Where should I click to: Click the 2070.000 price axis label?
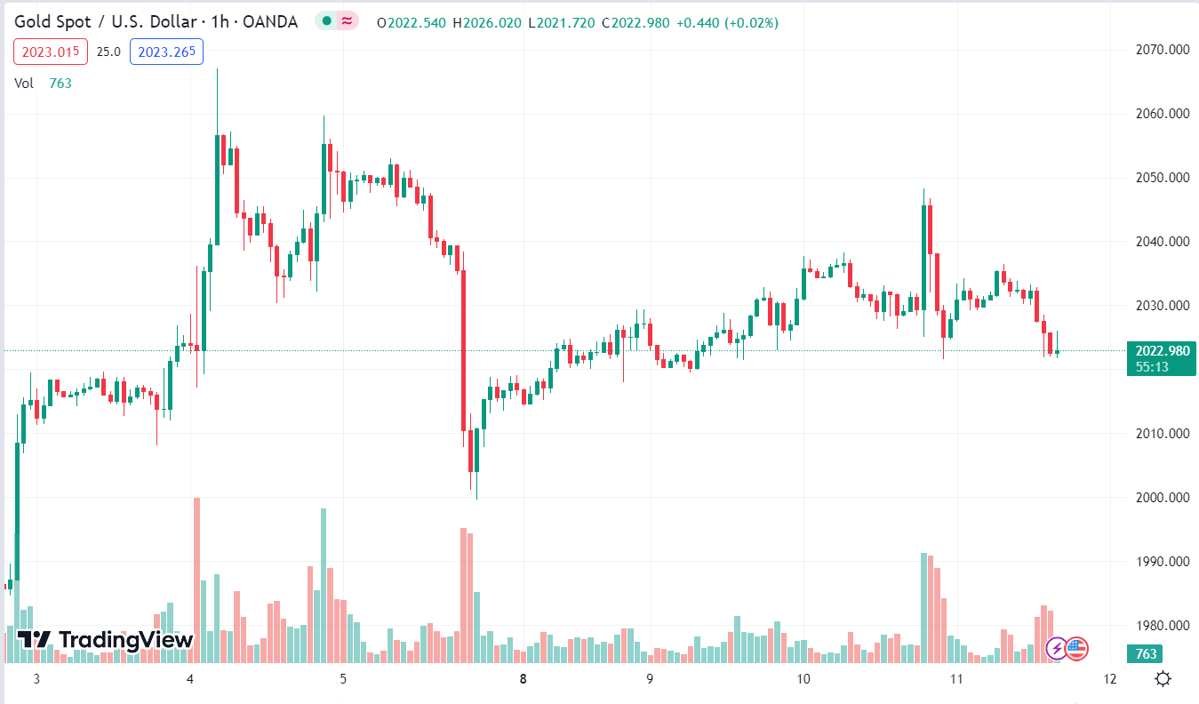click(1163, 50)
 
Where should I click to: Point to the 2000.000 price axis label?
click(1163, 498)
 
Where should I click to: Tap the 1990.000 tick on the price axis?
click(1163, 562)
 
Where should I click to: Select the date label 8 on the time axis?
click(524, 680)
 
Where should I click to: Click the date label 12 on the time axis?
click(1109, 680)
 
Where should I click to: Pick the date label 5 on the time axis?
click(343, 680)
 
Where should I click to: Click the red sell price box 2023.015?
click(51, 52)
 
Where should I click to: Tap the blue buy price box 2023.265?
click(166, 52)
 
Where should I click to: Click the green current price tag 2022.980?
click(1162, 351)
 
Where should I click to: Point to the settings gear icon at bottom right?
click(1163, 680)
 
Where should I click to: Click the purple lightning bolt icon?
click(1056, 649)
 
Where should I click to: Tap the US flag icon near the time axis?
click(1077, 649)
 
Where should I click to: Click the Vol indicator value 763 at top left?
click(60, 84)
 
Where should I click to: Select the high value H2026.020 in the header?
click(487, 22)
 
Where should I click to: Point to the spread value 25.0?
click(108, 52)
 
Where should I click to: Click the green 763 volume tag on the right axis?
click(1146, 654)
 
